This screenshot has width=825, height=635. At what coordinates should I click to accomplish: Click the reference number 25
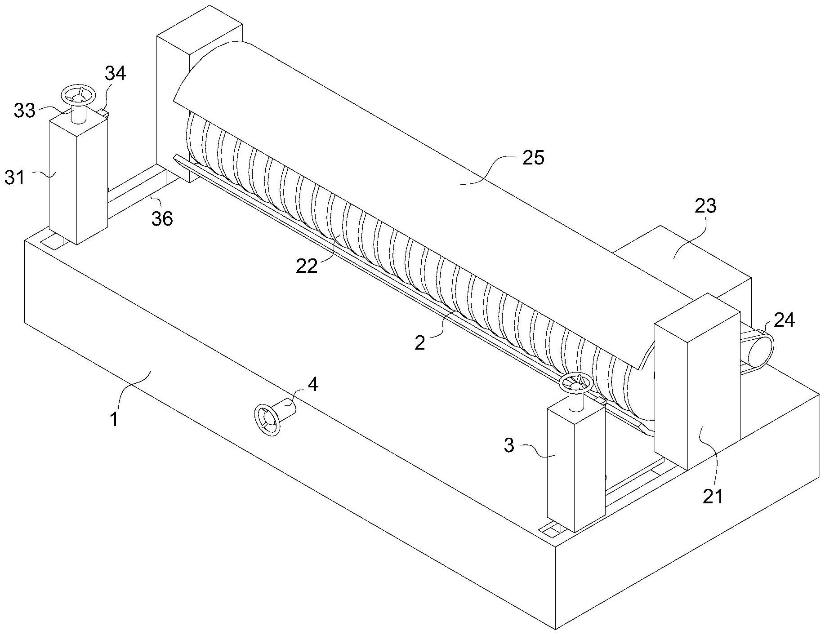pyautogui.click(x=533, y=158)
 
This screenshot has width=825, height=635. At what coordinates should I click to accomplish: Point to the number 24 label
pyautogui.click(x=784, y=320)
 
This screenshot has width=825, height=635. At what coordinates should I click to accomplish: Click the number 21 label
pyautogui.click(x=713, y=496)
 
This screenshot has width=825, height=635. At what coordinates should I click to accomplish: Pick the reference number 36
pyautogui.click(x=162, y=219)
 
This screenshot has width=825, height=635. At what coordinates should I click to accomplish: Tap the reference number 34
pyautogui.click(x=116, y=73)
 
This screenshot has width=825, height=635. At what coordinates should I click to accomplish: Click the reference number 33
pyautogui.click(x=24, y=110)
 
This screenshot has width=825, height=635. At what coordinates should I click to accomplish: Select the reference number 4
pyautogui.click(x=313, y=384)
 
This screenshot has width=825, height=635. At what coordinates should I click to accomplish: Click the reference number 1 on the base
pyautogui.click(x=114, y=419)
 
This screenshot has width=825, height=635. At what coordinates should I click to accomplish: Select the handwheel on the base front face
pyautogui.click(x=268, y=419)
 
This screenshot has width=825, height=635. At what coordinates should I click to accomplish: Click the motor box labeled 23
pyautogui.click(x=683, y=261)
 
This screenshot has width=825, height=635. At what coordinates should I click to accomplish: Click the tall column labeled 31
pyautogui.click(x=77, y=180)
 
